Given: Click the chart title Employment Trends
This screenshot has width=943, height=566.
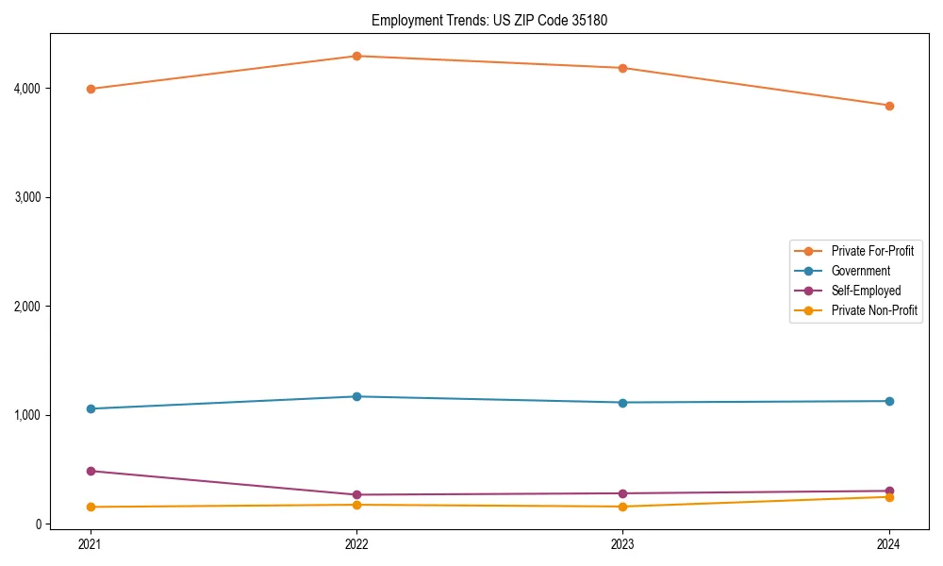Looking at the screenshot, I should [496, 20].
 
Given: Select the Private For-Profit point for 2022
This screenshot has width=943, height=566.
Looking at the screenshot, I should [356, 56].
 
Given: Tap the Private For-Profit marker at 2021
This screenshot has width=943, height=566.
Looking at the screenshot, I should [91, 89].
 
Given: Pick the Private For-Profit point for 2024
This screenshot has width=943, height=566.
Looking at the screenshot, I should [889, 106].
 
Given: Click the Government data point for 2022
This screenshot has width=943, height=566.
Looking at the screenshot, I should [356, 396].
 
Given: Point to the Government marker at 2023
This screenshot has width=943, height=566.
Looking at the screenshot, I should [622, 403].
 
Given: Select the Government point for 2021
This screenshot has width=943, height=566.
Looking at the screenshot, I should [91, 408].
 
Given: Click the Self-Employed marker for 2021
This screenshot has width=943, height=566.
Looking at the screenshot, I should [91, 471].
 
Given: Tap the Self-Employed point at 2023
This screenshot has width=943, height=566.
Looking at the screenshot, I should [622, 493].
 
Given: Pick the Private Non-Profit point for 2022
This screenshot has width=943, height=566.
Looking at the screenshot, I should [356, 505].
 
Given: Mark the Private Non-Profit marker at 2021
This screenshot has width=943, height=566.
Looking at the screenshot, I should [91, 507].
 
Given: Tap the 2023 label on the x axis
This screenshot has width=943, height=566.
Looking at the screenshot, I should [622, 543].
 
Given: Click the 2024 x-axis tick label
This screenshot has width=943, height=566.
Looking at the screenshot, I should [889, 543].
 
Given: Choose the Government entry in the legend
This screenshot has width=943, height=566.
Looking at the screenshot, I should [860, 271].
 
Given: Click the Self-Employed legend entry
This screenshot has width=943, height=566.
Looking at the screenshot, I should [866, 291].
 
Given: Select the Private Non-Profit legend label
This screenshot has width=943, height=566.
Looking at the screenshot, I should [874, 310].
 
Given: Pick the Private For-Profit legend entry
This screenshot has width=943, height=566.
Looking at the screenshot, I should [872, 251].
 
